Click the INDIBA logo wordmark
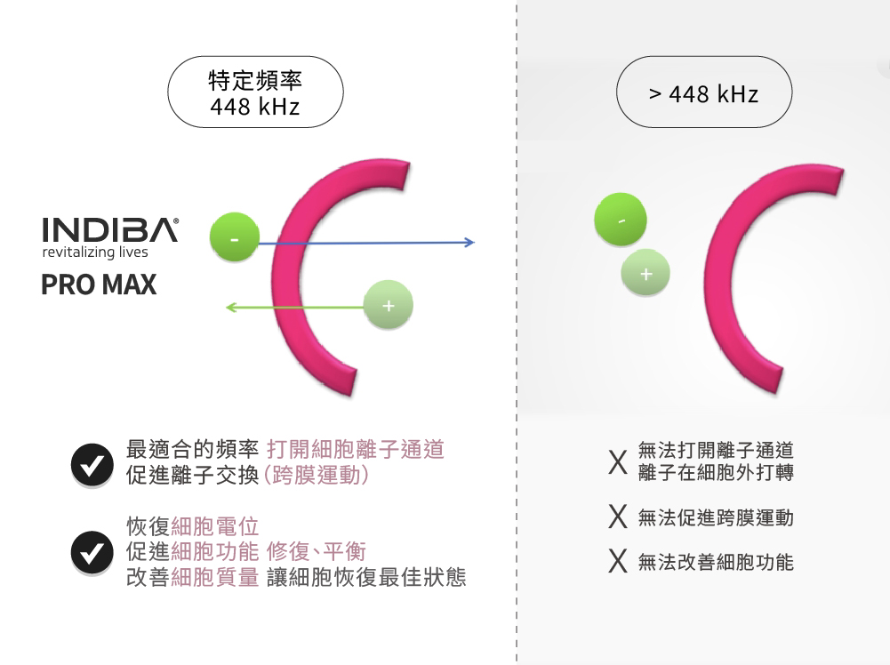coord(110,229)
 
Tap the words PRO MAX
coord(99,284)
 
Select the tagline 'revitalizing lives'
coord(95,252)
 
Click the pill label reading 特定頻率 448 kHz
coord(255,92)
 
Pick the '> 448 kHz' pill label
coord(704,92)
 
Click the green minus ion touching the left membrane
coord(235,237)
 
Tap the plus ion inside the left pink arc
coord(389,305)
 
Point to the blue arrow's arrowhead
coord(469,243)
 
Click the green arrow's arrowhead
coord(231,308)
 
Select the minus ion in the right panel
coord(621,220)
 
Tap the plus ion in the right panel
coord(645,274)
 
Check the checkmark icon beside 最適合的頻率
coord(92,465)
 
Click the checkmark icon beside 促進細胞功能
coord(92,552)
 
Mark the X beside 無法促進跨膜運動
coord(618,517)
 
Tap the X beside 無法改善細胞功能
coord(618,562)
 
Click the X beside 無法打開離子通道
coord(618,462)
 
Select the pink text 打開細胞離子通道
coord(356,449)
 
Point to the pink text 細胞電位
coord(215,526)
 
